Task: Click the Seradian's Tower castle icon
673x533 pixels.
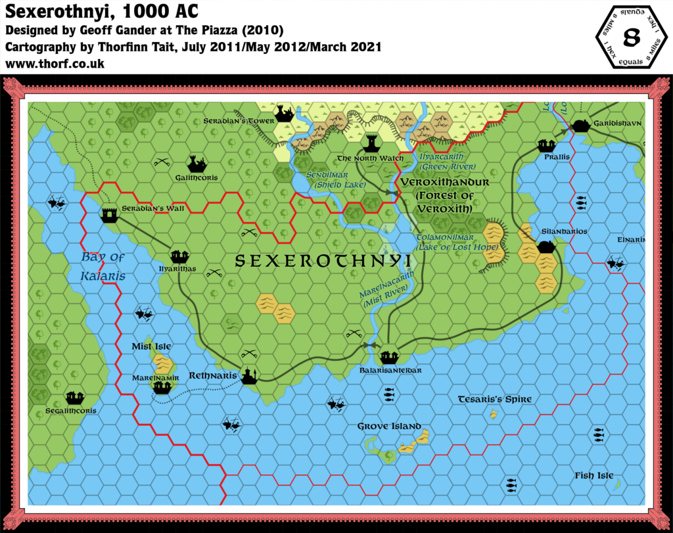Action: pyautogui.click(x=285, y=114)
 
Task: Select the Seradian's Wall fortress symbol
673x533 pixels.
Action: pyautogui.click(x=109, y=214)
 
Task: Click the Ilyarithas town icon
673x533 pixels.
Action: pyautogui.click(x=179, y=256)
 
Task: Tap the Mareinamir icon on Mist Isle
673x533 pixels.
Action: pyautogui.click(x=162, y=387)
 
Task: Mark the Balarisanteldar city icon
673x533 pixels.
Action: pyautogui.click(x=389, y=357)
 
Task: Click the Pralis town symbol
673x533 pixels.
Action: pyautogui.click(x=545, y=145)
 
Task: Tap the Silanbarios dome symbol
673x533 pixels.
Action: pyautogui.click(x=546, y=246)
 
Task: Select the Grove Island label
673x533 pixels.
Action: pyautogui.click(x=389, y=427)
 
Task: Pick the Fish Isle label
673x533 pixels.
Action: pyautogui.click(x=593, y=476)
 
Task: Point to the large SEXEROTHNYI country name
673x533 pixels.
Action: pyautogui.click(x=323, y=262)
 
